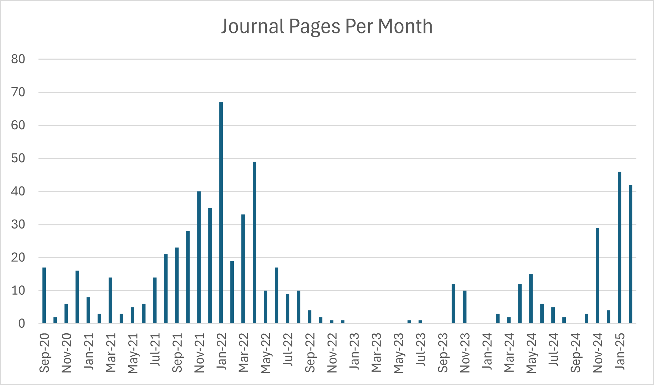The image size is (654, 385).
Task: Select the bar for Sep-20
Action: coord(44,295)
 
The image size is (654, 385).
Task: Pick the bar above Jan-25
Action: coord(620,247)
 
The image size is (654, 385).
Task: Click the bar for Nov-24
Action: coord(597,275)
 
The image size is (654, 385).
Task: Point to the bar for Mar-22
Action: coord(243,269)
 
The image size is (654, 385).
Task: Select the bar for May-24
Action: coord(531,298)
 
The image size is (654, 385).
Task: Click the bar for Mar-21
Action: coord(110,300)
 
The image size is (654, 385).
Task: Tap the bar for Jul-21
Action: coord(155,300)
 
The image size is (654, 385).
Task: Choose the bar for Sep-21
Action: coord(177,285)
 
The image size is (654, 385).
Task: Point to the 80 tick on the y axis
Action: coord(18,59)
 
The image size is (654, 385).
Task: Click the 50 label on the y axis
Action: coord(18,159)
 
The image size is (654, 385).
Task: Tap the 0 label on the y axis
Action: coord(22,324)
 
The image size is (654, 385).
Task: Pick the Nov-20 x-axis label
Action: coord(66,353)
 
